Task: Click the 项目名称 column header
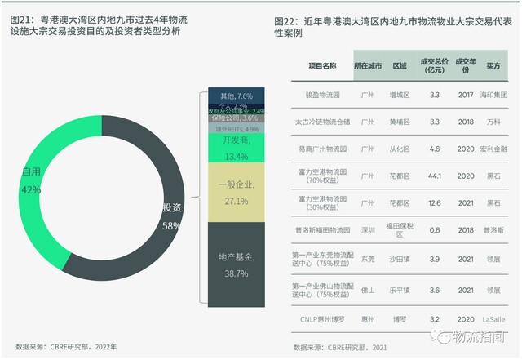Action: click(322, 65)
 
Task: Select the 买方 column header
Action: click(493, 65)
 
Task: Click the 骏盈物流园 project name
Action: click(322, 95)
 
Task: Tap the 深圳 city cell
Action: click(369, 231)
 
